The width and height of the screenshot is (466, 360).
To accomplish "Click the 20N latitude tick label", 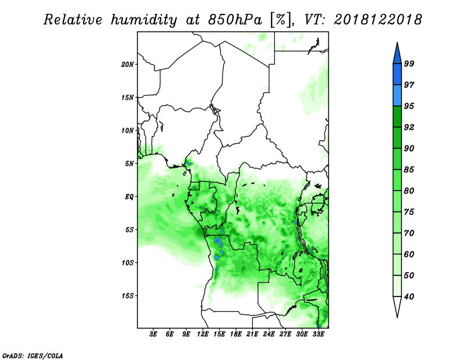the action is click(128, 65).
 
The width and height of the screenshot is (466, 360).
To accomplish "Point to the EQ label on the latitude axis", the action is click(129, 197).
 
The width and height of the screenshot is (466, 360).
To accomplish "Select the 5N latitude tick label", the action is click(129, 164).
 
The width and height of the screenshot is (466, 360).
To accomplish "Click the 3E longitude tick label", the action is click(153, 334).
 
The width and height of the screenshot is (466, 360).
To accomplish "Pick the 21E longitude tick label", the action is click(252, 334).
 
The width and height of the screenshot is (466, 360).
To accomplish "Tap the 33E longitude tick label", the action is click(318, 334).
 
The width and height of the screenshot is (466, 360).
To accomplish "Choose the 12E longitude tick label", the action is click(203, 334).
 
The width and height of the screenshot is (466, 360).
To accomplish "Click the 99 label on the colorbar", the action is click(409, 63).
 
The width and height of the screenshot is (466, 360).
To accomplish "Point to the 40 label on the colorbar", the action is click(409, 297).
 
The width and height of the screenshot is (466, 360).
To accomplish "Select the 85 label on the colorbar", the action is click(409, 170).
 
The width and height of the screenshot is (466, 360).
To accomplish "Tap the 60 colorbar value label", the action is click(409, 254).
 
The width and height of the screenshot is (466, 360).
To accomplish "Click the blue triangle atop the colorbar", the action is click(397, 55).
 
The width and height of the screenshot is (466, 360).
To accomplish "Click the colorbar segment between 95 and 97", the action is click(397, 96).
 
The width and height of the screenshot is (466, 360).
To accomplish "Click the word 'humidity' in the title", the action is click(144, 20).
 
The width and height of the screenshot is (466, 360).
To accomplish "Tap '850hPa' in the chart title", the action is click(235, 20).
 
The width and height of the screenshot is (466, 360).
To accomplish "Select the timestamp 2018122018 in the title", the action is click(377, 20).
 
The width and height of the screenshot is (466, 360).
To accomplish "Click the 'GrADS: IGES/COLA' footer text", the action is click(33, 355).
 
